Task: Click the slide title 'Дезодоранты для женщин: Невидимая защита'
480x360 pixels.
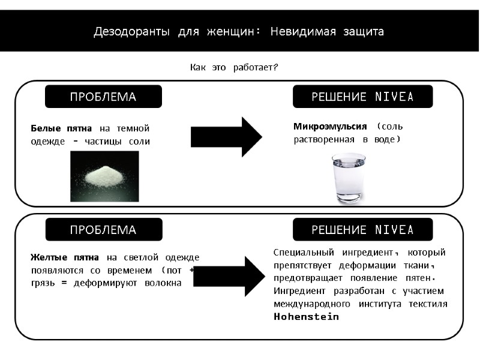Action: click(x=239, y=31)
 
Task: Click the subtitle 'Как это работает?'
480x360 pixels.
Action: click(x=234, y=67)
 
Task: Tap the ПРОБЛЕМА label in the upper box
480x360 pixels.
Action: click(x=103, y=97)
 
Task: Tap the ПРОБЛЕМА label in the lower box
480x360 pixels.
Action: click(x=103, y=230)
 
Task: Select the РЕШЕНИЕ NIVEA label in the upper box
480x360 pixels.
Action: click(x=362, y=97)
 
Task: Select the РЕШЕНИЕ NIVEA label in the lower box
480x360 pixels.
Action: click(x=362, y=230)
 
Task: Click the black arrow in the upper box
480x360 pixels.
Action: click(x=226, y=137)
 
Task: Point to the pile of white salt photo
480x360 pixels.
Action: click(x=104, y=176)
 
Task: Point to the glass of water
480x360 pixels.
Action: click(x=349, y=178)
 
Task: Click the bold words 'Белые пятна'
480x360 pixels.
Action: click(x=61, y=128)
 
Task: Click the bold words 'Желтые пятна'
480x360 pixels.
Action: click(x=65, y=257)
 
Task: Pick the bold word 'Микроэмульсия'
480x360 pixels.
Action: click(x=330, y=126)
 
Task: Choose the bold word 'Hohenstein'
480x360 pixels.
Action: click(x=306, y=317)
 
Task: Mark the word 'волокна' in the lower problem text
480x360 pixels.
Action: click(x=163, y=282)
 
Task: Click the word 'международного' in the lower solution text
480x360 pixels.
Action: click(x=310, y=304)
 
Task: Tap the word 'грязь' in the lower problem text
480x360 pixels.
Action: click(x=43, y=282)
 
